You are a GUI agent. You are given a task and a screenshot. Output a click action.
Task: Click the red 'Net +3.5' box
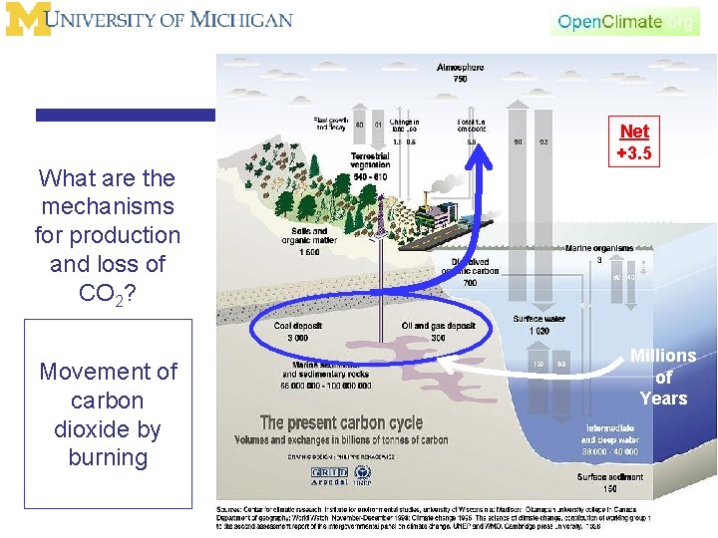point(633,142)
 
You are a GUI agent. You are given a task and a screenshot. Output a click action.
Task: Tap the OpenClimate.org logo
point(625,21)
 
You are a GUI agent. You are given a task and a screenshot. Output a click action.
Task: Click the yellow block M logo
point(26,19)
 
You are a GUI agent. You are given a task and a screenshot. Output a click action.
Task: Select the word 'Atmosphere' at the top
point(460,68)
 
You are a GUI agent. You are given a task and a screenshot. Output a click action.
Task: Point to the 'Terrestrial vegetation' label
point(369,160)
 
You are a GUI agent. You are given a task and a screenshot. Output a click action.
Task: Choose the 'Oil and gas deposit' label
point(438,326)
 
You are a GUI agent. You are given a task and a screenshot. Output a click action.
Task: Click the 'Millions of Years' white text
point(663,378)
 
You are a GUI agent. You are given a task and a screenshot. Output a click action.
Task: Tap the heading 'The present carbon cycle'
point(341,423)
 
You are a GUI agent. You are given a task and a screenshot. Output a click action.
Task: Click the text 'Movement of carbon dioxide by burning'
point(108,414)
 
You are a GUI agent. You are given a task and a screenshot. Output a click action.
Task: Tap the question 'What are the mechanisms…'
point(108,235)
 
